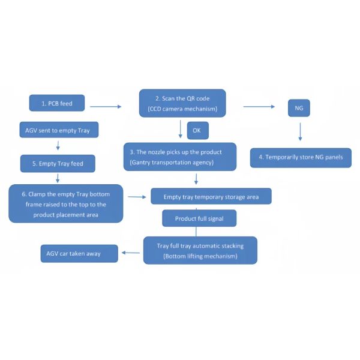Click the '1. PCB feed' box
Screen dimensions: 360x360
coord(57,103)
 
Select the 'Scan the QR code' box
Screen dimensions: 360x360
coord(182,103)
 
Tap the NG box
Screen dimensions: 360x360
coord(299,108)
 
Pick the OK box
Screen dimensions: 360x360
coord(198,130)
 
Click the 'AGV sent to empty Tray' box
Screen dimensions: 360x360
coord(59,130)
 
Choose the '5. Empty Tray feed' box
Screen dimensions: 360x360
coord(58,163)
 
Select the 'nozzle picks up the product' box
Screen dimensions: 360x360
coord(180,157)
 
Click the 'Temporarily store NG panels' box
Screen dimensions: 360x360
coord(301,158)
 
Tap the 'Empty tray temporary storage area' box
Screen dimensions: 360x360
coord(211,196)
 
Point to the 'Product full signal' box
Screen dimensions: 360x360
coord(199,218)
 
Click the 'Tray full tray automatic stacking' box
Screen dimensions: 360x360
coord(200,250)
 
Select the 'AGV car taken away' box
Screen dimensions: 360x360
coord(79,253)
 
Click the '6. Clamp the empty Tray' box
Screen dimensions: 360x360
coord(66,203)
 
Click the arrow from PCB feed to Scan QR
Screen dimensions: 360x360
coord(106,107)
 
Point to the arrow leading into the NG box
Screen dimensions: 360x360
coord(259,107)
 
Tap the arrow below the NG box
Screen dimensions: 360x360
coord(300,132)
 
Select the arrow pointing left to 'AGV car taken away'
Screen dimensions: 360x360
coord(131,253)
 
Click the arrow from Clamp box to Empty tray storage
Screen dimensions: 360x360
coord(137,197)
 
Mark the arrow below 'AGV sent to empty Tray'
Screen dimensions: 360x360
coord(58,146)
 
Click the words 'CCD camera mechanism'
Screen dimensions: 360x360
coord(182,109)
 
